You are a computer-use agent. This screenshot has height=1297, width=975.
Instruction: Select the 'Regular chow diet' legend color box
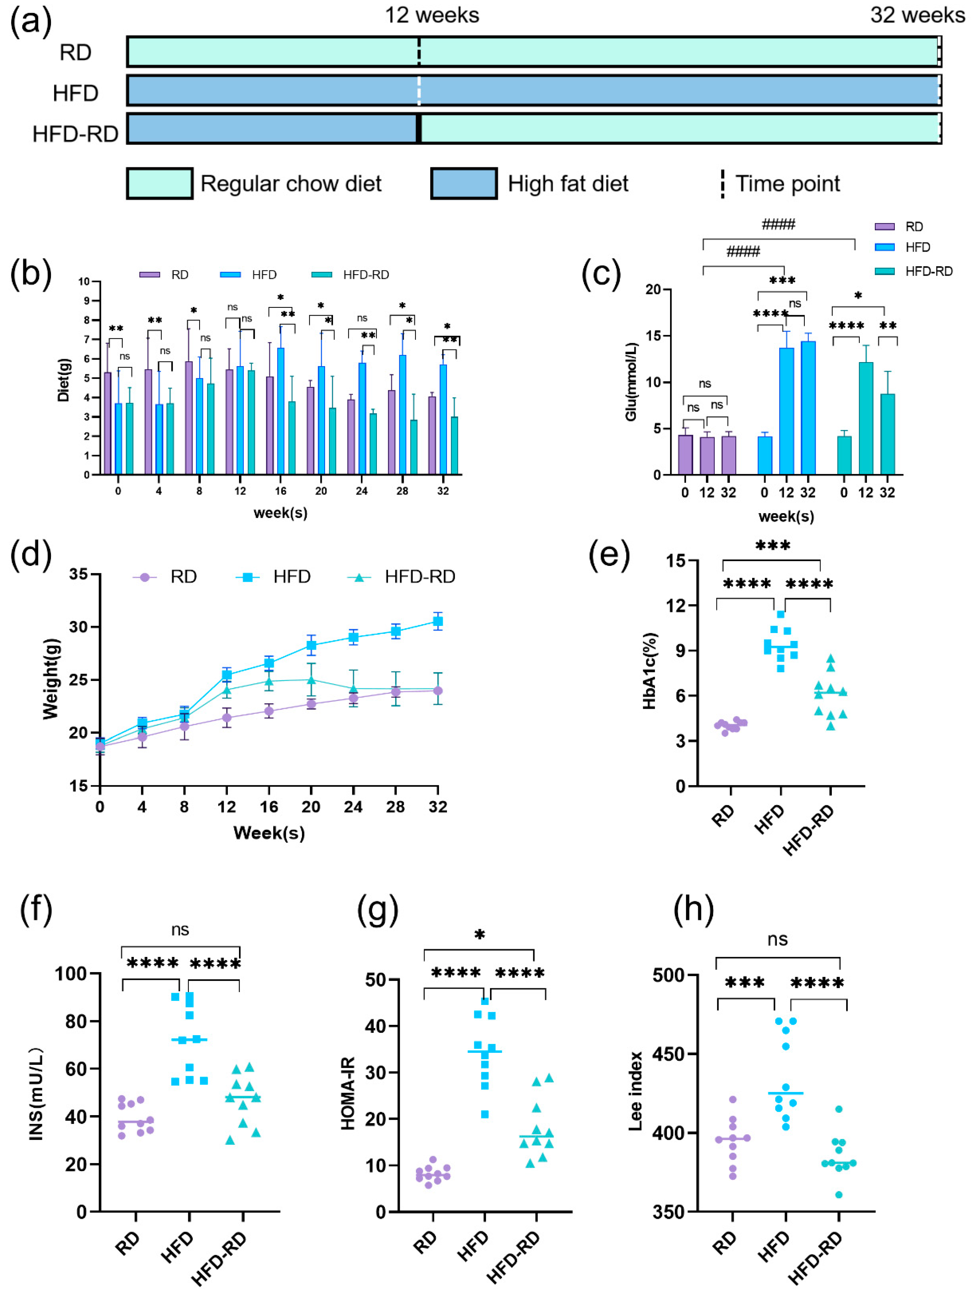click(x=159, y=184)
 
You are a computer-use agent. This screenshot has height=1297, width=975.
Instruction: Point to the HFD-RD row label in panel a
click(x=75, y=134)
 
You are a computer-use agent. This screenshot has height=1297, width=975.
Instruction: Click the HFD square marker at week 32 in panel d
click(x=437, y=622)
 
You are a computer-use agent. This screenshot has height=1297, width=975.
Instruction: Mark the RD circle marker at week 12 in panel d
click(x=227, y=718)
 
